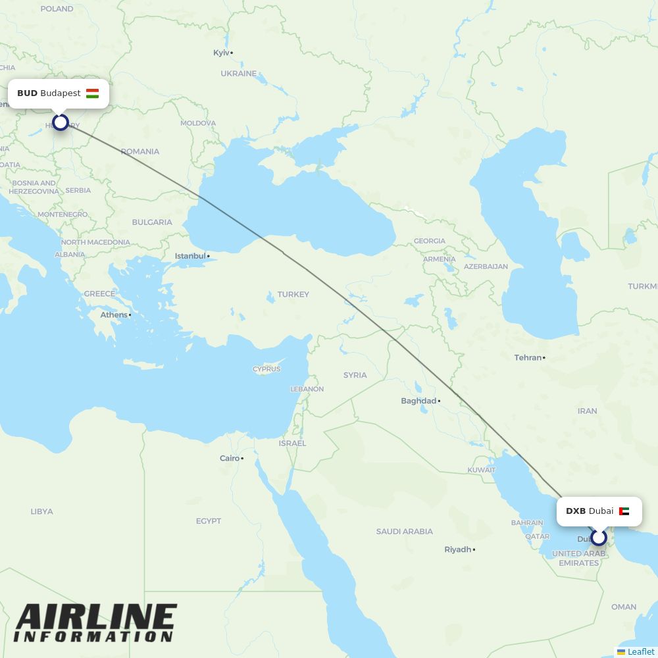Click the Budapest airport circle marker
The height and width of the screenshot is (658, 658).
pos(61,122)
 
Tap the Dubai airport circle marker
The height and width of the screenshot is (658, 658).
pos(598,538)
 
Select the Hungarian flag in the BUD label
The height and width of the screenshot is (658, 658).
pos(92,93)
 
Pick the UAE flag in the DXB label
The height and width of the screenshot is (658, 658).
pos(624,511)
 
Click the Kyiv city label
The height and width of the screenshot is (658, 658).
pos(222,53)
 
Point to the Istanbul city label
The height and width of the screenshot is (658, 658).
pos(190,256)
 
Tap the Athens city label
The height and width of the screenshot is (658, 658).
pos(114,315)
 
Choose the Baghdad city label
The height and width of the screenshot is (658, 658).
pos(418,401)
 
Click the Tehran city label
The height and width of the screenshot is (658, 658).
pos(528,358)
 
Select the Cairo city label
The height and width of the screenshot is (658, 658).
pos(230,458)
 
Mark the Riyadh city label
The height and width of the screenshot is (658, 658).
pos(458,549)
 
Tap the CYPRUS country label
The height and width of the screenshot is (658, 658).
pos(266,369)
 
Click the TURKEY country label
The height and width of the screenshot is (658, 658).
pos(293,294)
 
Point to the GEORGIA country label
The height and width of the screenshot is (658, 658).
pos(429,241)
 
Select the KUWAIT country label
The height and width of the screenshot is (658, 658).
pos(481,470)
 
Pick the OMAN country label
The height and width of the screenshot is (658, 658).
pos(623,607)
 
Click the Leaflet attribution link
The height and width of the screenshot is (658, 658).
pos(640,651)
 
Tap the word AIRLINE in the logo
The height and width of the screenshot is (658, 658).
pos(96,618)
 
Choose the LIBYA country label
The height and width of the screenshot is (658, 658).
pos(41,511)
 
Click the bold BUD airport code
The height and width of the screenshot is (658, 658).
pos(27,93)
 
